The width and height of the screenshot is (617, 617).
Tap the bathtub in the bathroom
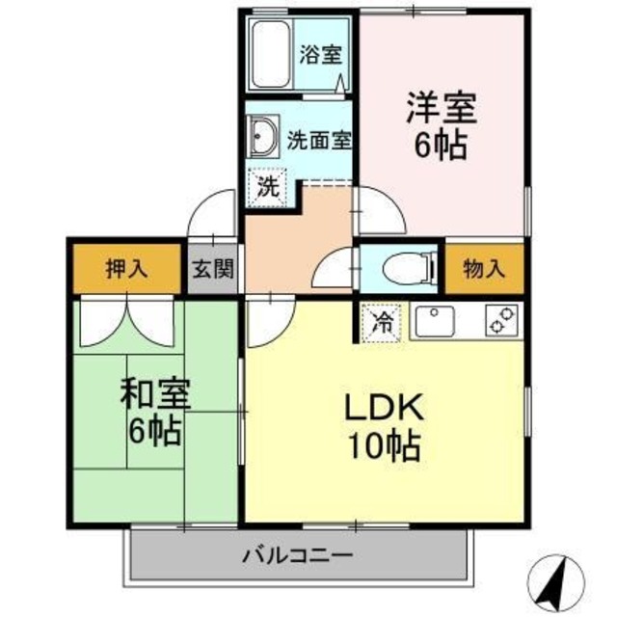coord(272,56)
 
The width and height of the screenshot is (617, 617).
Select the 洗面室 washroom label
coord(319,140)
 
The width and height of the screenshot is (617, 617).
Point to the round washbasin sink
coord(262,137)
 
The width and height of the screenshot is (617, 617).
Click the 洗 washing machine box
coord(268,185)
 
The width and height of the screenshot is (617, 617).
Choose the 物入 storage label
coord(484,268)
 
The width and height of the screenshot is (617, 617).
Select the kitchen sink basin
coord(436,320)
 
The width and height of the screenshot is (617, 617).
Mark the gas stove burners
coord(501,320)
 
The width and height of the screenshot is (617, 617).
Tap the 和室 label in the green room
coord(155,394)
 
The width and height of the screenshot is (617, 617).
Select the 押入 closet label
coord(126,269)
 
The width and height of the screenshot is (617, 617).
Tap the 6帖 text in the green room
coord(155,431)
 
